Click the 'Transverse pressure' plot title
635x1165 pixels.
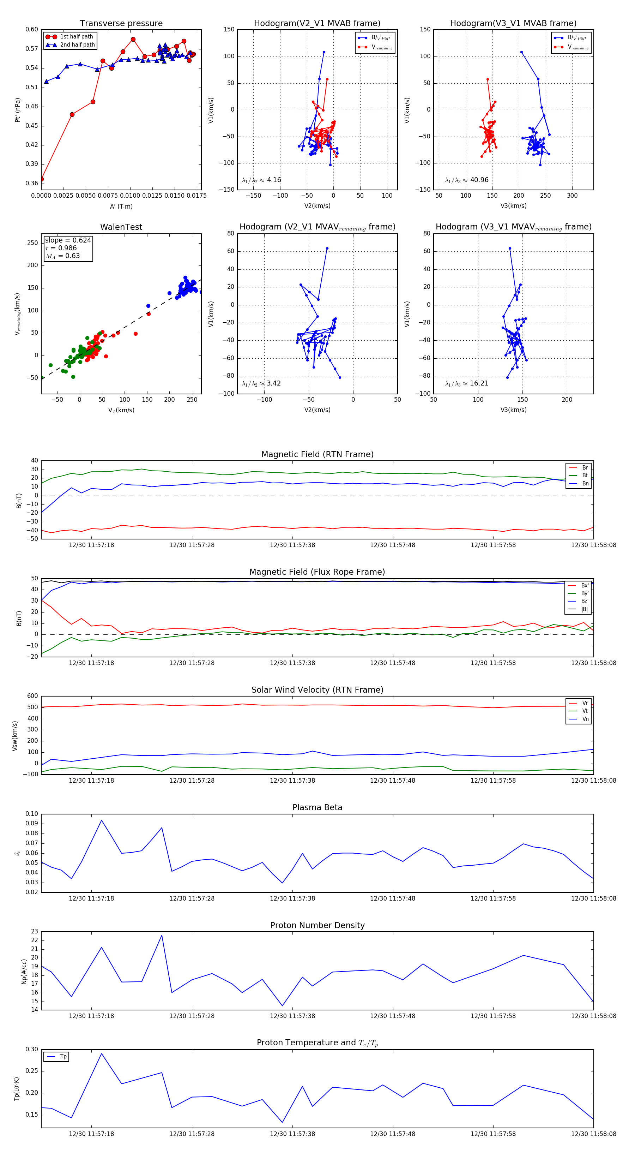point(121,24)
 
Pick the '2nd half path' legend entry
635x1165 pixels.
point(77,45)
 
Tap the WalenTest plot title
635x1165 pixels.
point(121,227)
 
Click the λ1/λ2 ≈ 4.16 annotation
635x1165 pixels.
point(261,180)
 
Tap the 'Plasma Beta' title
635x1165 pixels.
point(317,808)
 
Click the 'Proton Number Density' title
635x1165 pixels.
point(317,925)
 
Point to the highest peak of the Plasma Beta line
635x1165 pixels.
point(101,820)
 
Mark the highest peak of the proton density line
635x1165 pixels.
point(162,935)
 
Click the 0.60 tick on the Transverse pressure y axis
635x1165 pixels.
point(32,29)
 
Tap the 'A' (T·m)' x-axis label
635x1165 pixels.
point(121,206)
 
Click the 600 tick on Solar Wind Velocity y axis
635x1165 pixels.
point(32,696)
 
